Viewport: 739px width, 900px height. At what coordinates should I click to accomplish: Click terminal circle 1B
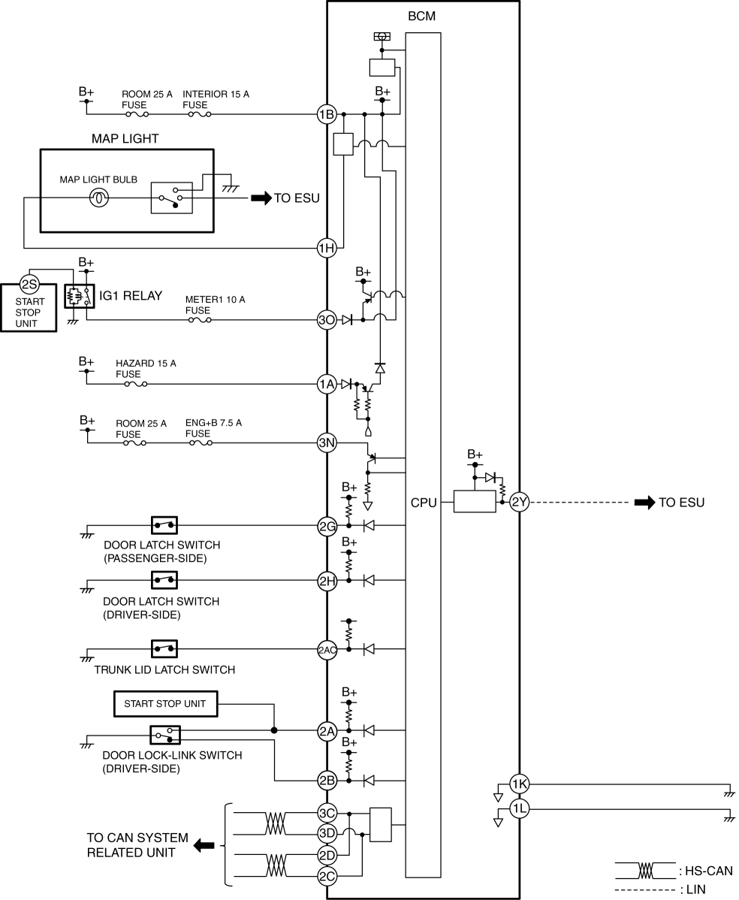click(x=327, y=114)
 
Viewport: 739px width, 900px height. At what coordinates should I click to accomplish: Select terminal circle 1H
click(x=327, y=248)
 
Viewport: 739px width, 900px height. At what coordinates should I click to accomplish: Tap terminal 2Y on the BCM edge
click(x=519, y=503)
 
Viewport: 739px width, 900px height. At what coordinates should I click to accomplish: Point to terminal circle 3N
click(x=327, y=442)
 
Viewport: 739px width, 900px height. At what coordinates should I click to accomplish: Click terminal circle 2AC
click(x=327, y=650)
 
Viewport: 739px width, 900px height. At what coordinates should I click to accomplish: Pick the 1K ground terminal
click(x=520, y=784)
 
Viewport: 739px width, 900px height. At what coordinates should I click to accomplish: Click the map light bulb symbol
click(x=98, y=198)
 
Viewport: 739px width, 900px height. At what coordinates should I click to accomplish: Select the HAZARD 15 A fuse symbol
click(x=135, y=383)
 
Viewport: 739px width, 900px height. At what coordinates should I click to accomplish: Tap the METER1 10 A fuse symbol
click(x=200, y=320)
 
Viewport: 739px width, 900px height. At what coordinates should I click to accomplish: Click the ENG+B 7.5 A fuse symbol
click(x=201, y=442)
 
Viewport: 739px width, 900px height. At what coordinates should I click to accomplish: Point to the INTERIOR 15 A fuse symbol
click(x=200, y=114)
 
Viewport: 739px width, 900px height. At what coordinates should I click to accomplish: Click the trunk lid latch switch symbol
click(x=164, y=649)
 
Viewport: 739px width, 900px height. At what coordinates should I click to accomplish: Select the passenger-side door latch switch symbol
click(x=164, y=525)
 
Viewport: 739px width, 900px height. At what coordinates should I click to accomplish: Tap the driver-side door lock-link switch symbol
click(x=165, y=735)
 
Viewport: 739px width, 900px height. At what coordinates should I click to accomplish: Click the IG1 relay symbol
click(x=79, y=296)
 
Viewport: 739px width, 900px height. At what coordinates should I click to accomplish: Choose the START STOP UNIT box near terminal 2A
click(x=164, y=704)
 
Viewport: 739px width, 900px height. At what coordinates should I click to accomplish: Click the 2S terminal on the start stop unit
click(x=29, y=284)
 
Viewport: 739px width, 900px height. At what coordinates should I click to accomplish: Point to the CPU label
click(x=424, y=503)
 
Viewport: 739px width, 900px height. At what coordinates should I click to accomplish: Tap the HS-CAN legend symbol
click(x=645, y=871)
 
